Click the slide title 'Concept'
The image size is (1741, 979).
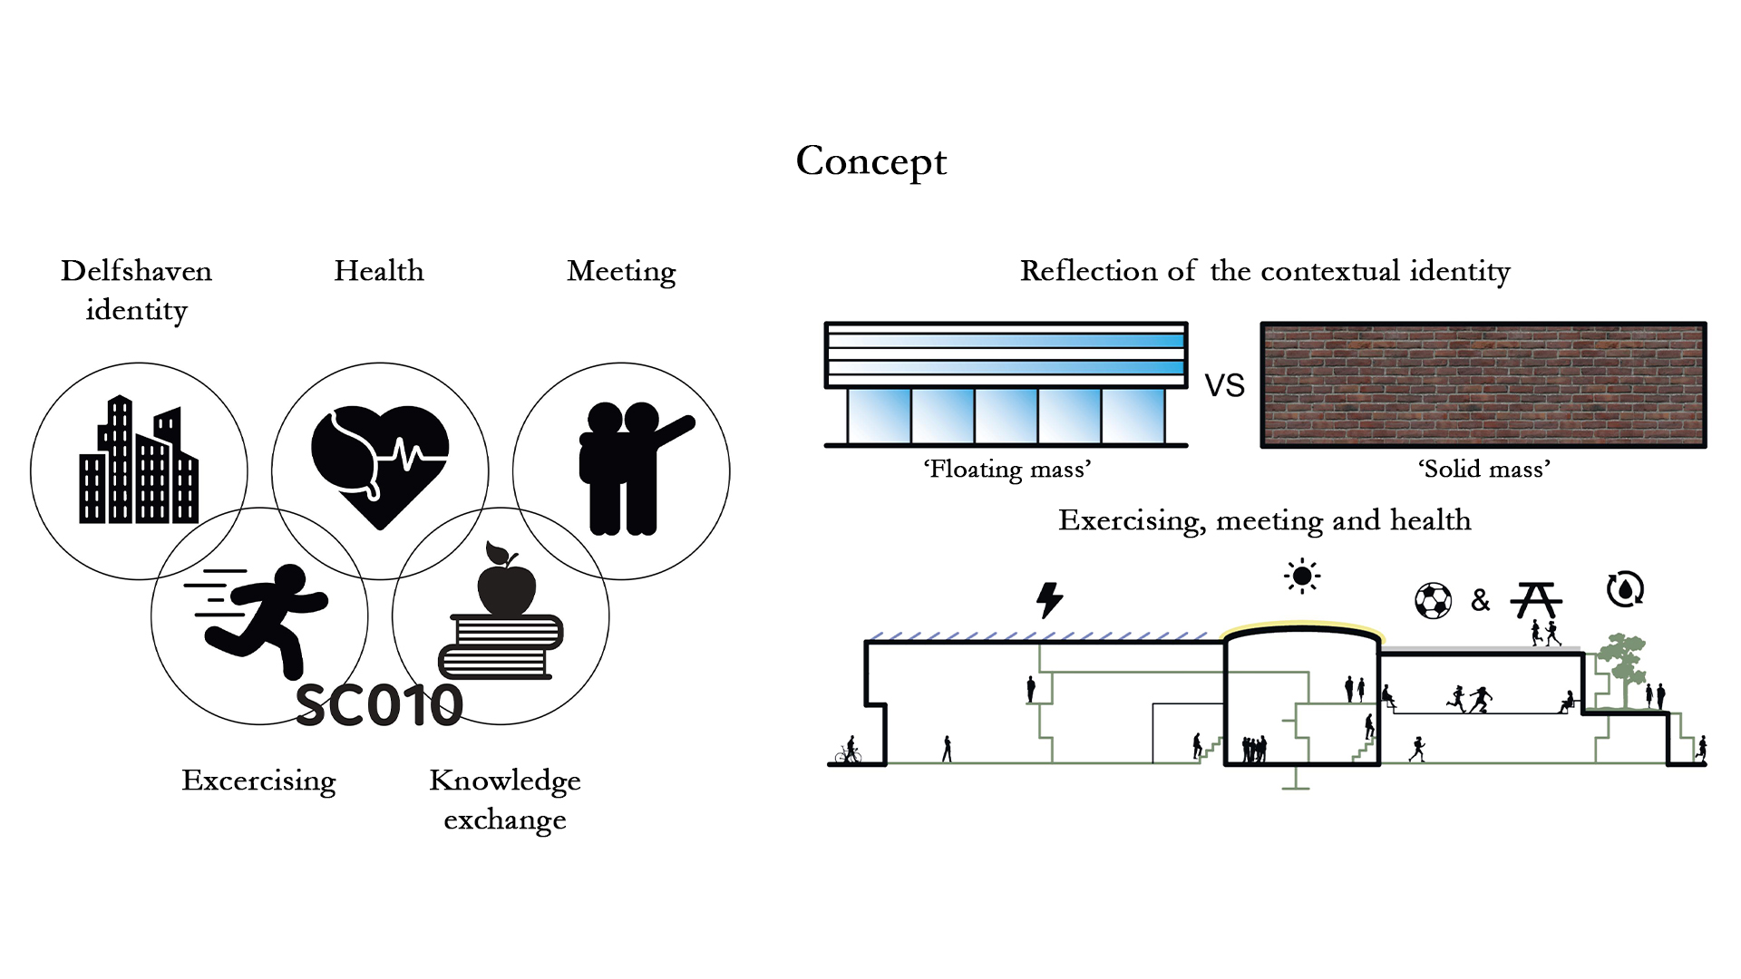point(870,161)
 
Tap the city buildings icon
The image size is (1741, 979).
point(139,462)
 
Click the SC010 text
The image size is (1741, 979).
point(379,705)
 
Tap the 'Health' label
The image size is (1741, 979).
point(379,271)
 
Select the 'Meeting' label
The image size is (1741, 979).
point(621,271)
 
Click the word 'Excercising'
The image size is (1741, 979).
point(258,780)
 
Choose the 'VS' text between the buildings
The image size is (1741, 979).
point(1224,386)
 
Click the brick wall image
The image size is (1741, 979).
point(1483,384)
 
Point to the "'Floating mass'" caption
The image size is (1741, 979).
point(1007,470)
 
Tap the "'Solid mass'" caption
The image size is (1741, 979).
point(1483,470)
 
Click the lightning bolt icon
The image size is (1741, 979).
point(1049,600)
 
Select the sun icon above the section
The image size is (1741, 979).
point(1302,576)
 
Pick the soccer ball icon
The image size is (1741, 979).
point(1433,600)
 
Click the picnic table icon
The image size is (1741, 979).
point(1536,600)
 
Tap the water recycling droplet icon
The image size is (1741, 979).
point(1625,589)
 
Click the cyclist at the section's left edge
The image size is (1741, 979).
point(849,751)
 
